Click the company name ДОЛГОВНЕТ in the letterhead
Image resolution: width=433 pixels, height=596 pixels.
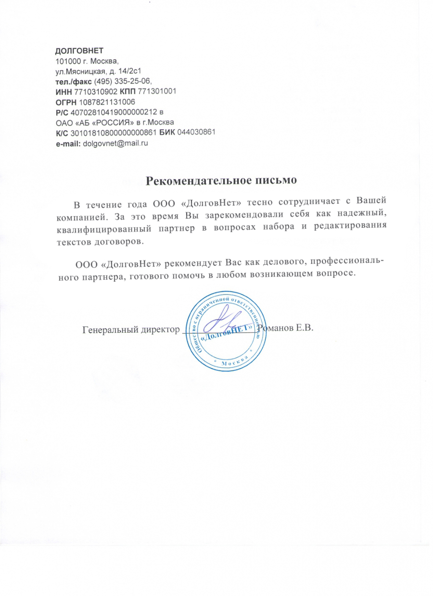(x=80, y=51)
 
